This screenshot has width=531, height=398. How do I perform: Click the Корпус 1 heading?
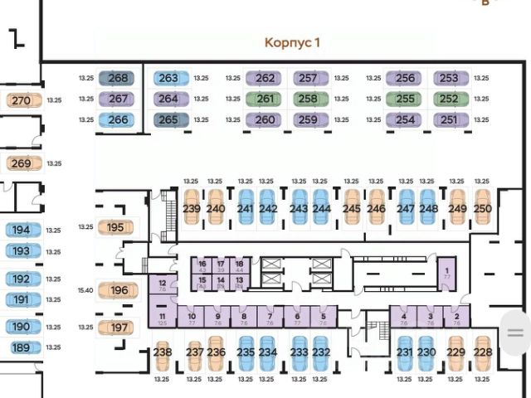click(292, 42)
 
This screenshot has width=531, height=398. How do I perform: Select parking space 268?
click(119, 78)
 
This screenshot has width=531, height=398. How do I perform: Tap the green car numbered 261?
click(265, 99)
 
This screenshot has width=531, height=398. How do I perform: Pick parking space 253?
click(449, 78)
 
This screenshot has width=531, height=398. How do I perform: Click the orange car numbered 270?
click(21, 101)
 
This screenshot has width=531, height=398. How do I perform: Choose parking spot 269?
click(21, 163)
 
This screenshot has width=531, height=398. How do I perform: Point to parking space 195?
click(115, 226)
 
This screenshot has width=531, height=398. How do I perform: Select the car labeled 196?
click(119, 290)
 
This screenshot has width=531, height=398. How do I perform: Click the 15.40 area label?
click(86, 290)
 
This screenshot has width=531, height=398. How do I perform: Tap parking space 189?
click(21, 347)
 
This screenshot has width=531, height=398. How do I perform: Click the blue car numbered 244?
click(322, 208)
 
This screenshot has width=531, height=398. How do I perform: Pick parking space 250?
click(482, 208)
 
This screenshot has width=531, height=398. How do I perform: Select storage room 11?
click(163, 318)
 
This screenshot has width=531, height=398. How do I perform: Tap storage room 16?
click(202, 265)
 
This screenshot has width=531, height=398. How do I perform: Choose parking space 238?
click(163, 353)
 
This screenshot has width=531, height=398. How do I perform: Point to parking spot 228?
click(482, 353)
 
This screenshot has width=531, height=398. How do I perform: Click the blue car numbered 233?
click(300, 353)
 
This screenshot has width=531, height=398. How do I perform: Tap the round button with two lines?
click(515, 332)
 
